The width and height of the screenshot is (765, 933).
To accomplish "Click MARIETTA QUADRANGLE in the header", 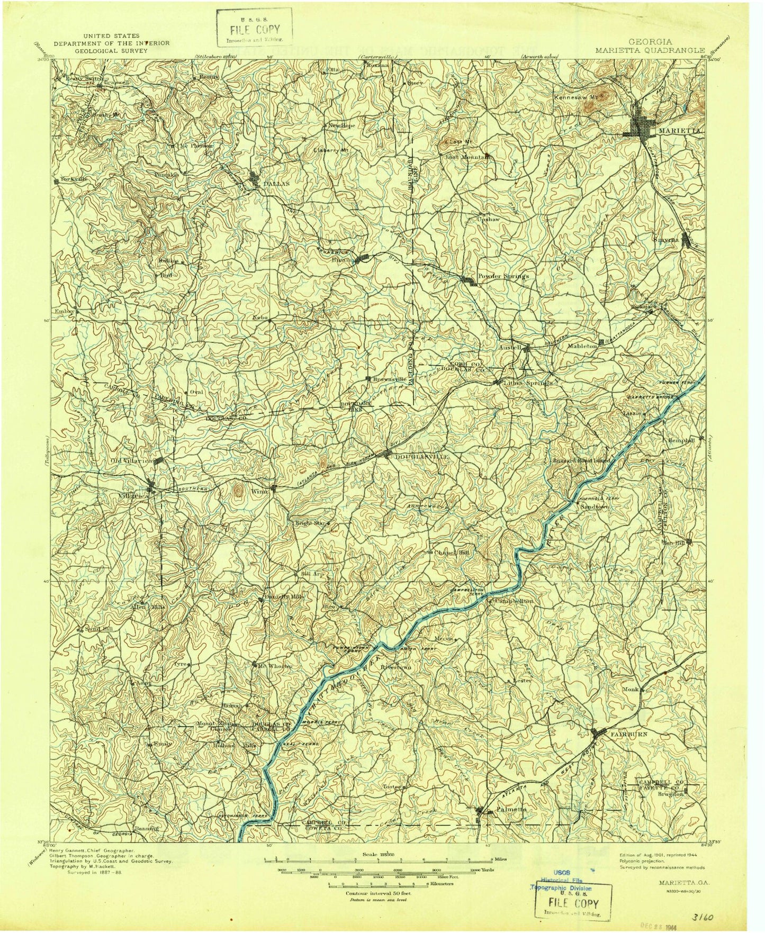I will tap(640, 51).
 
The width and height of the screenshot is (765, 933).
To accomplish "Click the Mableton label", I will tap(582, 345).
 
